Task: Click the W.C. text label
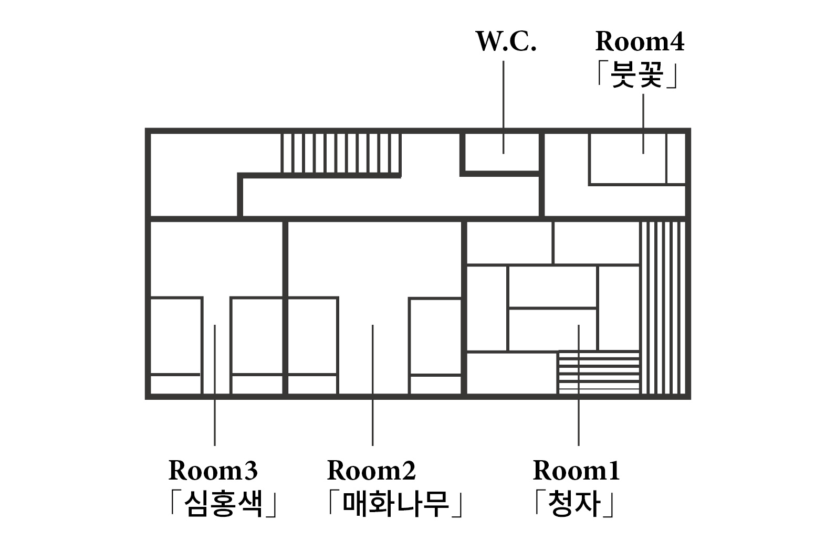[506, 42]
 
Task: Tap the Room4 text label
[640, 42]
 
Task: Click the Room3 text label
[213, 471]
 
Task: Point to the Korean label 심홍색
[223, 504]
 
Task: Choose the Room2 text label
[371, 471]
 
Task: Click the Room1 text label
[576, 471]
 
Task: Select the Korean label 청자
[575, 504]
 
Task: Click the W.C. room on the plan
[502, 152]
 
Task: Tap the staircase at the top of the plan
[341, 153]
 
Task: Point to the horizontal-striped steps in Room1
[598, 372]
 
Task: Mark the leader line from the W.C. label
[504, 107]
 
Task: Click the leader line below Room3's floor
[215, 385]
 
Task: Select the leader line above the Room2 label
[372, 385]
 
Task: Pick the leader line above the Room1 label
[579, 385]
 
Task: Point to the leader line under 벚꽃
[643, 124]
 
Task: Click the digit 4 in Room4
[676, 42]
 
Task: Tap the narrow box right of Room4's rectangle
[676, 158]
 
